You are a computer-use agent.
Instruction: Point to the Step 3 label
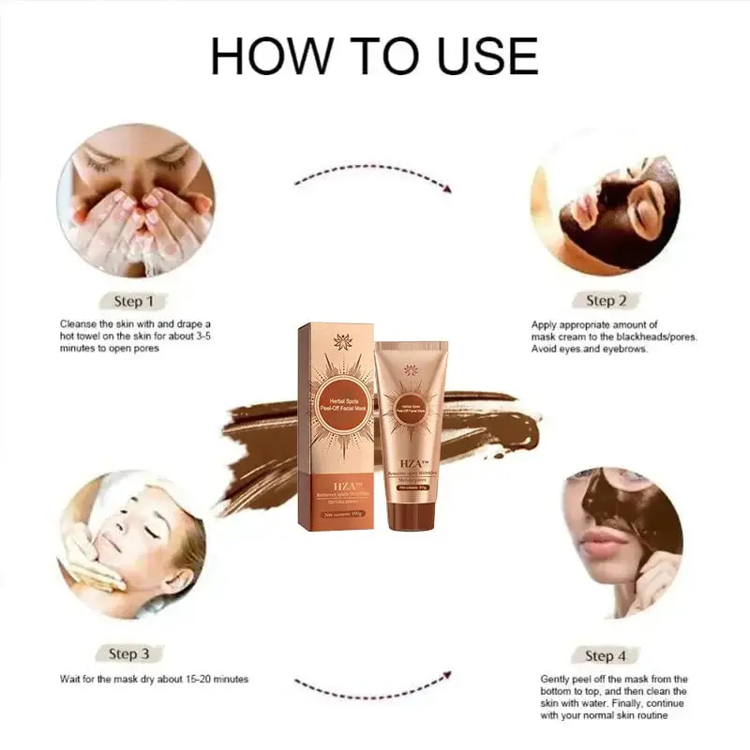coord(129,653)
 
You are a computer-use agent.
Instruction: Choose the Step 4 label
coord(606,655)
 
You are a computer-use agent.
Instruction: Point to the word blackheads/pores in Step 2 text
coord(652,337)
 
